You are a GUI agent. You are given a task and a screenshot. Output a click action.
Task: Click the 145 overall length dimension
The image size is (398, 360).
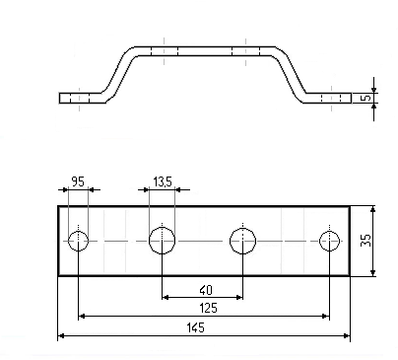coord(196,327)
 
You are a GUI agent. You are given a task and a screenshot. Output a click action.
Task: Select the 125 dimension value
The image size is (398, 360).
coord(208,309)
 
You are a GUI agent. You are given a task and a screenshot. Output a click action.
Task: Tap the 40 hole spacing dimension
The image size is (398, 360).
coord(206,290)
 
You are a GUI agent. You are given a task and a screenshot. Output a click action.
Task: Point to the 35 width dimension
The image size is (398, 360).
coord(365,240)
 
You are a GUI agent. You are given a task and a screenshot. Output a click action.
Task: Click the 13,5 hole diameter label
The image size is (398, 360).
coord(163,181)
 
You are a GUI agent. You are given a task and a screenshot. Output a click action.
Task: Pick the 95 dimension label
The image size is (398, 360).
coord(78,181)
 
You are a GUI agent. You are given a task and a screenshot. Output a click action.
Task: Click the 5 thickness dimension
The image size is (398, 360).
coord(365,98)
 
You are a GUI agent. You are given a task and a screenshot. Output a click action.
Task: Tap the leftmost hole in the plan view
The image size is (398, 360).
coord(78,241)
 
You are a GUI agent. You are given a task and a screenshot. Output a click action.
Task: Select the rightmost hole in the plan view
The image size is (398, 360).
coord(329,241)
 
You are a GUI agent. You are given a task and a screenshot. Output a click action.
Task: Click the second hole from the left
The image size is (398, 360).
coord(162,241)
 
